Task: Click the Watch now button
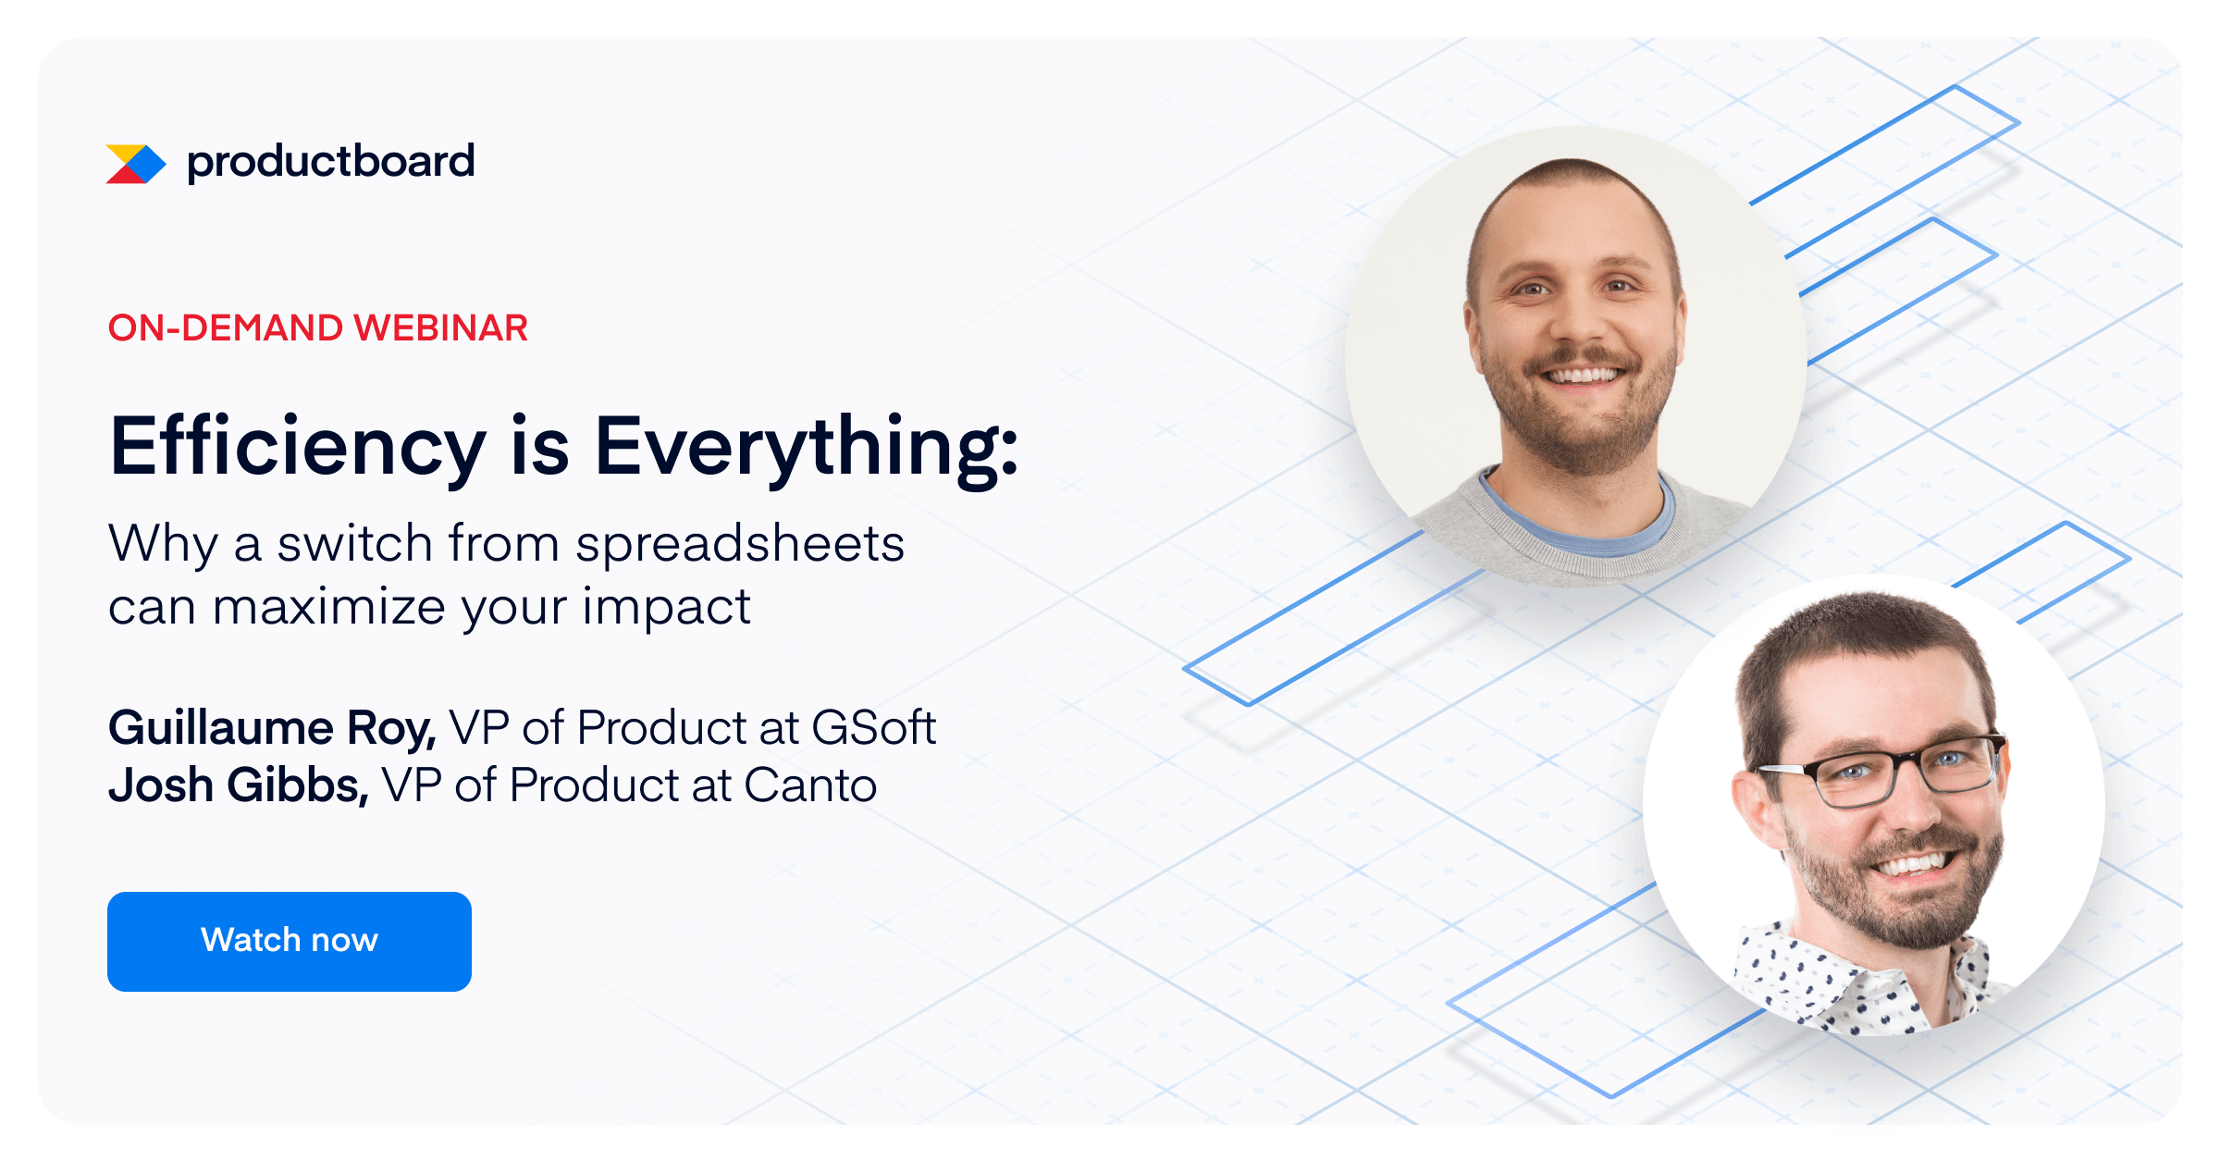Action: tap(289, 941)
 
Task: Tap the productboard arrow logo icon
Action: tap(135, 164)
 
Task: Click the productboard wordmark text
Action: tap(330, 162)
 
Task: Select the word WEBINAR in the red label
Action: tap(440, 328)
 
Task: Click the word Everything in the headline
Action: tap(805, 447)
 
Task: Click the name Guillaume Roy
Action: tap(272, 728)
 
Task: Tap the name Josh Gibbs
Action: tap(238, 785)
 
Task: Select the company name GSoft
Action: tap(873, 728)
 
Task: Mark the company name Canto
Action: tap(810, 785)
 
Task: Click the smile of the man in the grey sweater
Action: tap(1584, 376)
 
